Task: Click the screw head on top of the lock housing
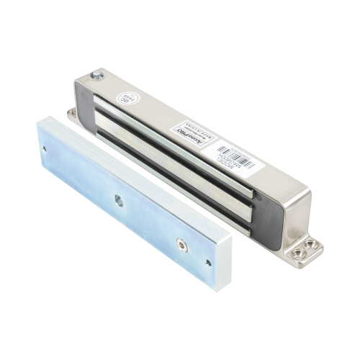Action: coord(97,74)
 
